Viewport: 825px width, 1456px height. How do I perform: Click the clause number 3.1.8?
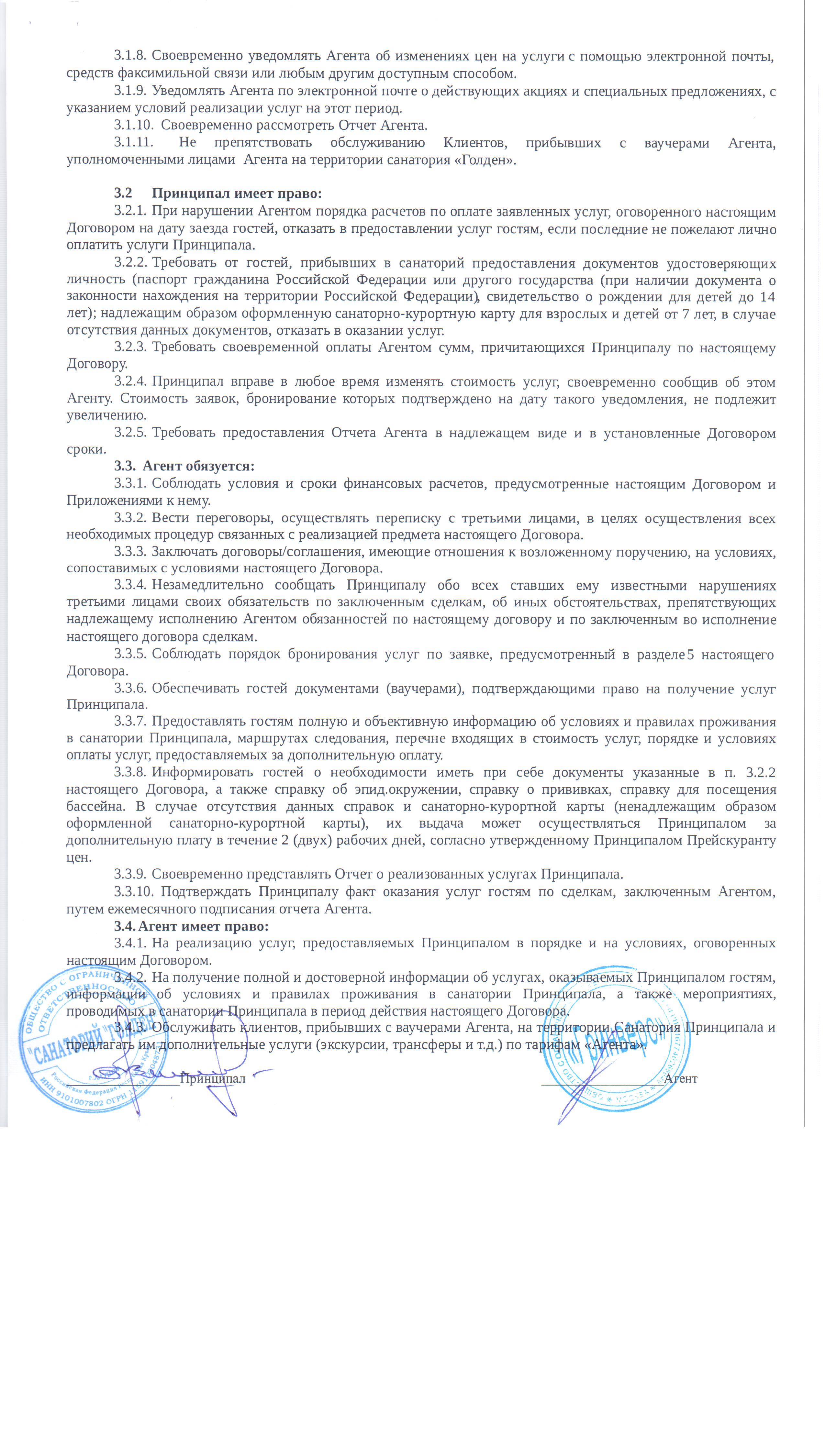[130, 56]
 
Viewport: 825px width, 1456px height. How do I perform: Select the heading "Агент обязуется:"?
[198, 466]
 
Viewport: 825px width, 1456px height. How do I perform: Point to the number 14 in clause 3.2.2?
[767, 297]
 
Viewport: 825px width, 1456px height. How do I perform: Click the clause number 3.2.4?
[130, 382]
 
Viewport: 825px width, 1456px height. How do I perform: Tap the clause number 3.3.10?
[133, 892]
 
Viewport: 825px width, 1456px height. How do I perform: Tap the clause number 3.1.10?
[133, 125]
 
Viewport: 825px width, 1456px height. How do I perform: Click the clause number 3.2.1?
[130, 212]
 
